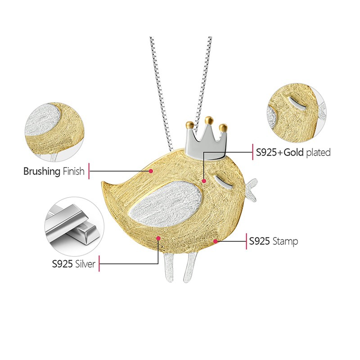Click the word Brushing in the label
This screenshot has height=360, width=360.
(42, 171)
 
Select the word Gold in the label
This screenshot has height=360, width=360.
(294, 152)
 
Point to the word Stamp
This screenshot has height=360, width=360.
(285, 242)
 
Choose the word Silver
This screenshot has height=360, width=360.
(85, 264)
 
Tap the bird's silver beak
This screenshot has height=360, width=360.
(252, 189)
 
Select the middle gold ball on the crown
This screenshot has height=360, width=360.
(209, 120)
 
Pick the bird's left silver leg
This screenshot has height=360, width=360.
(169, 267)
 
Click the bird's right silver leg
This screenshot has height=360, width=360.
(190, 268)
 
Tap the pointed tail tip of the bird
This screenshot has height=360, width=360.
(103, 182)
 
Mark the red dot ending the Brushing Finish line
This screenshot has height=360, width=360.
(151, 171)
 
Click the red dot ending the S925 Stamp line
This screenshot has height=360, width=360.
(215, 241)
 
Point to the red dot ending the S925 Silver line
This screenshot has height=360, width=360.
(158, 238)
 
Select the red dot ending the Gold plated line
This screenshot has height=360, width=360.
(204, 181)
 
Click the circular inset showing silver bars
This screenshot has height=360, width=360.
(74, 226)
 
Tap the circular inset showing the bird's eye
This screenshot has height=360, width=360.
(297, 113)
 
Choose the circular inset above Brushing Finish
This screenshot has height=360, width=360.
(54, 132)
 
